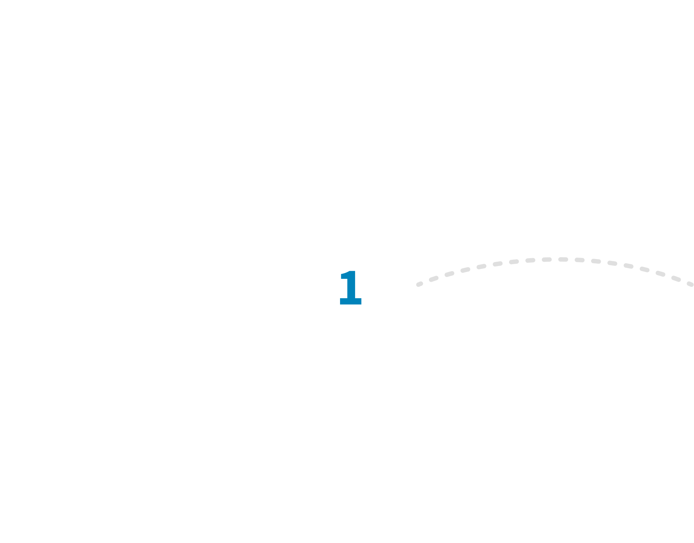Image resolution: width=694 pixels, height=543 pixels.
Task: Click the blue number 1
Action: pos(351,288)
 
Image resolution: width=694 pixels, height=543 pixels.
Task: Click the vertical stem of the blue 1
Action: pos(352,288)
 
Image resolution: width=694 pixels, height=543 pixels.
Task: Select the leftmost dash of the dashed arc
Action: pos(419,284)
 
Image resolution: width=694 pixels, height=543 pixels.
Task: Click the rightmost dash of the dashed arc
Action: pos(690,284)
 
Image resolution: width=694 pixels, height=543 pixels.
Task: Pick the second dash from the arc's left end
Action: pos(434,279)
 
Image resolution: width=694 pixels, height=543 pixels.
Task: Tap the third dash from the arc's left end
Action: pos(449,274)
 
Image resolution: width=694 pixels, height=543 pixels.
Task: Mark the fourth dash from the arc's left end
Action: pos(465,270)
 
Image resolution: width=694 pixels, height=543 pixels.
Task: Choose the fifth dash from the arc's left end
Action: pos(481,266)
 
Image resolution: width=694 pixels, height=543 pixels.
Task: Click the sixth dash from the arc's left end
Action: pos(498,263)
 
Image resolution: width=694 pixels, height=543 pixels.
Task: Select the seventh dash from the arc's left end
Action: pos(514,262)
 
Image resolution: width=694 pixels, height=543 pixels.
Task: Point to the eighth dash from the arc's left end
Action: pos(530,260)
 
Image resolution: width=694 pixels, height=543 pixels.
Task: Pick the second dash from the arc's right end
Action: pos(676,279)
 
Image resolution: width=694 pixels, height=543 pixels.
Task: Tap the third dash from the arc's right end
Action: pos(660,274)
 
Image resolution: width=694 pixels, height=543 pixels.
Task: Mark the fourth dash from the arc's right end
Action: pos(645,270)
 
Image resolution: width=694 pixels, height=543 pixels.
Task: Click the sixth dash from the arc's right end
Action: pos(612,263)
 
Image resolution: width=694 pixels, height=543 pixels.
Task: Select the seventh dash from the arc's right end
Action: pos(596,261)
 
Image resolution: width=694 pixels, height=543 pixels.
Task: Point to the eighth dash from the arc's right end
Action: pos(579,260)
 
